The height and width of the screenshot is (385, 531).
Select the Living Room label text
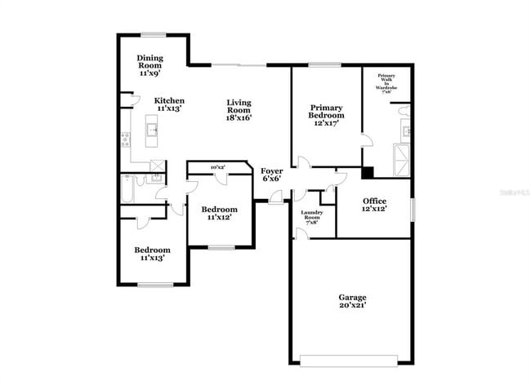tap(239, 109)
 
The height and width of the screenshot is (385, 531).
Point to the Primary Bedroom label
tap(326, 111)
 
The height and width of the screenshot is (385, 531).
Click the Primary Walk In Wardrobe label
tap(386, 84)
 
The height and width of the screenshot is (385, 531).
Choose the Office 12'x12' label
tap(375, 205)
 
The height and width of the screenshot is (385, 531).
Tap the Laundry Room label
tap(312, 216)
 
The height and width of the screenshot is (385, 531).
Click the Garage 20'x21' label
tap(352, 301)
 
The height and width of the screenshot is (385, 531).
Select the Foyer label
tap(271, 174)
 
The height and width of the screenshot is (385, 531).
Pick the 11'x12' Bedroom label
tap(219, 213)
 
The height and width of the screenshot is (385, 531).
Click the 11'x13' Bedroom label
tap(152, 254)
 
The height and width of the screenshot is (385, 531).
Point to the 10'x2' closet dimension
tap(218, 167)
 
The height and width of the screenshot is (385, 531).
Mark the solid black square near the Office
tap(368, 172)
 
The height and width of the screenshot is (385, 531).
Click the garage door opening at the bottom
tap(350, 359)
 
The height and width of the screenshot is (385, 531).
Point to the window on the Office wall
tap(413, 207)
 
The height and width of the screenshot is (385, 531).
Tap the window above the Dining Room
tap(153, 34)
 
